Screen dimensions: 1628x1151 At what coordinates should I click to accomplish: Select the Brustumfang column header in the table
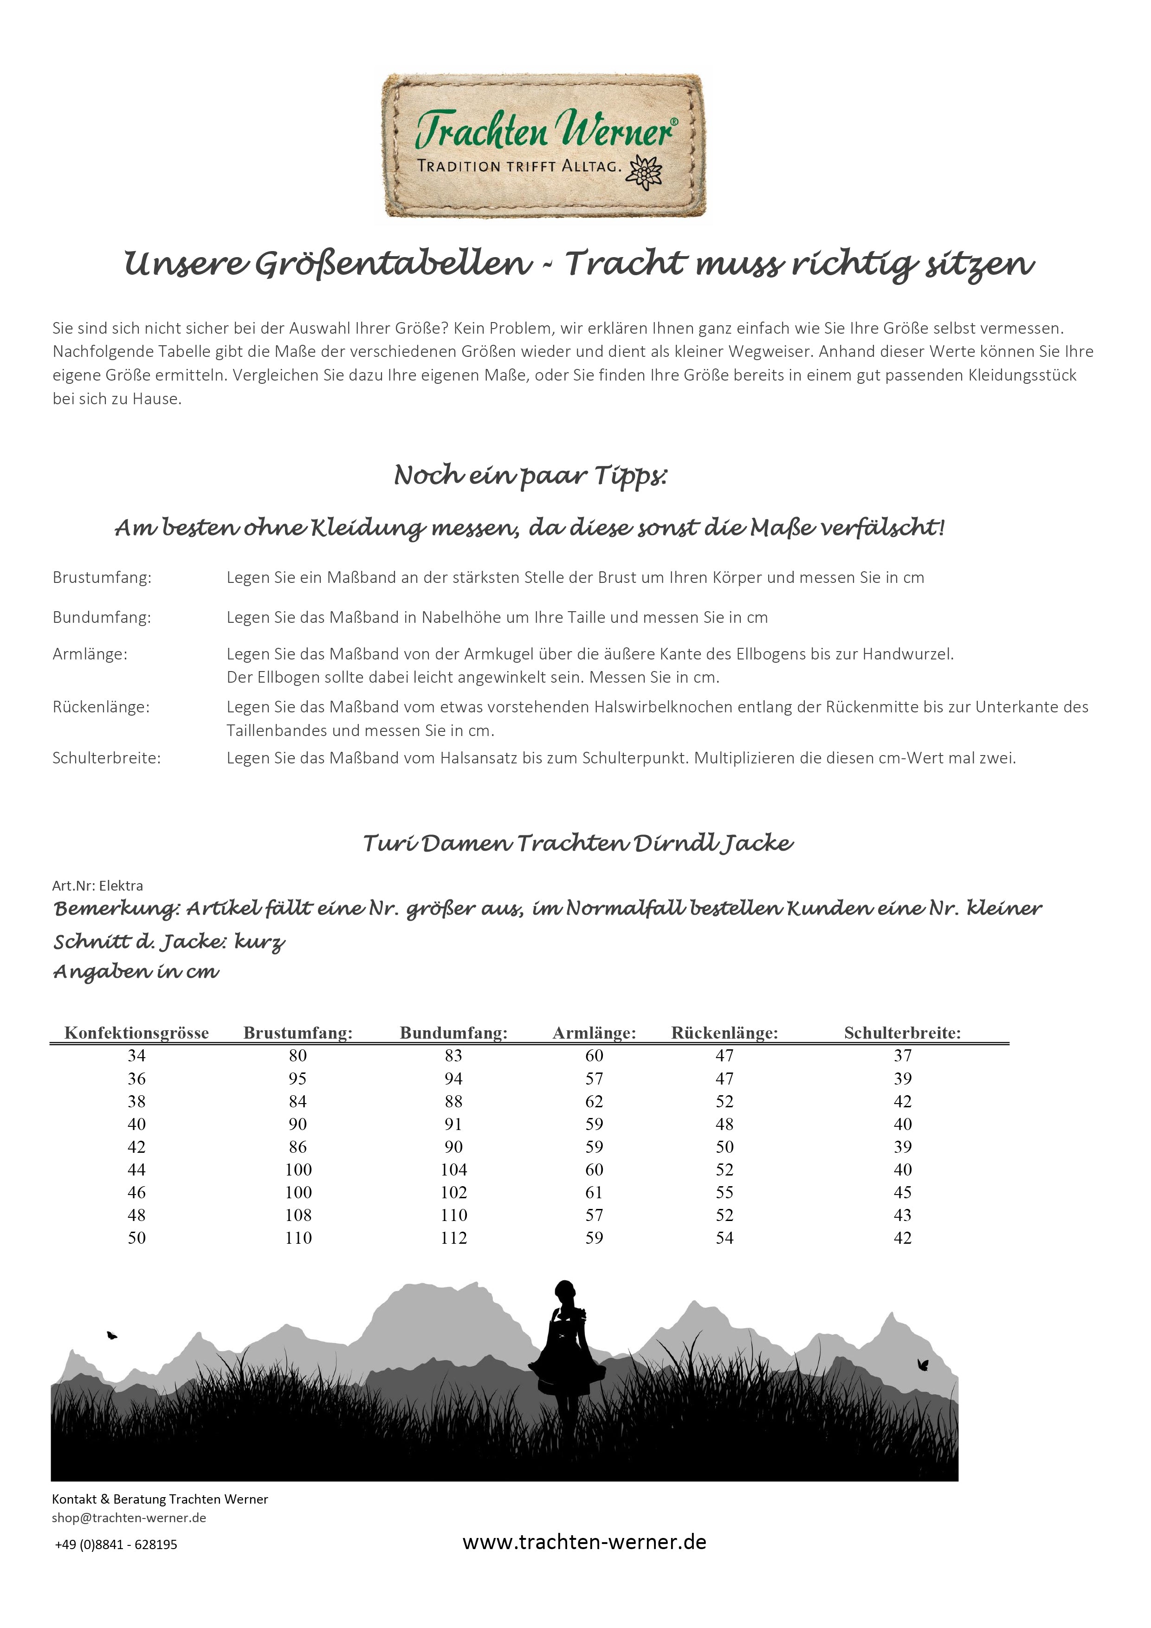pyautogui.click(x=298, y=1033)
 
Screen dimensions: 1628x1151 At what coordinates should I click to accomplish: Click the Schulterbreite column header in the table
pyautogui.click(x=902, y=1033)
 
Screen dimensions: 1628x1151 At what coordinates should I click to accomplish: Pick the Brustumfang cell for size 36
pyautogui.click(x=298, y=1079)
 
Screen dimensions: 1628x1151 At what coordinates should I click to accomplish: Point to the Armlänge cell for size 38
pyautogui.click(x=594, y=1101)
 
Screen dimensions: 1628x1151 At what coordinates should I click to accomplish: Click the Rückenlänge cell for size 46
pyautogui.click(x=724, y=1192)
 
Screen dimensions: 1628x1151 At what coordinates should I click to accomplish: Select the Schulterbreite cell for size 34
pyautogui.click(x=902, y=1056)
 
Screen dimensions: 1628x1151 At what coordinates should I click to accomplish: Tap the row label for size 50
pyautogui.click(x=137, y=1237)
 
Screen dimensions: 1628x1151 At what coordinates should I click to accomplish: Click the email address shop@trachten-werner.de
pyautogui.click(x=129, y=1518)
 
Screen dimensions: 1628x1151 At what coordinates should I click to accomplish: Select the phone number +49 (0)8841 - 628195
pyautogui.click(x=116, y=1544)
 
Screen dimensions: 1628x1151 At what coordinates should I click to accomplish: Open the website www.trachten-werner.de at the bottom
pyautogui.click(x=584, y=1542)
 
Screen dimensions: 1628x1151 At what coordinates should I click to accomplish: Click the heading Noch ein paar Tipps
pyautogui.click(x=530, y=476)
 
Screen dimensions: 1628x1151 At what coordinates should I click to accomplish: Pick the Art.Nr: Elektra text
pyautogui.click(x=98, y=885)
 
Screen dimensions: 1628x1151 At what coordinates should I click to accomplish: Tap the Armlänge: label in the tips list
pyautogui.click(x=90, y=654)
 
